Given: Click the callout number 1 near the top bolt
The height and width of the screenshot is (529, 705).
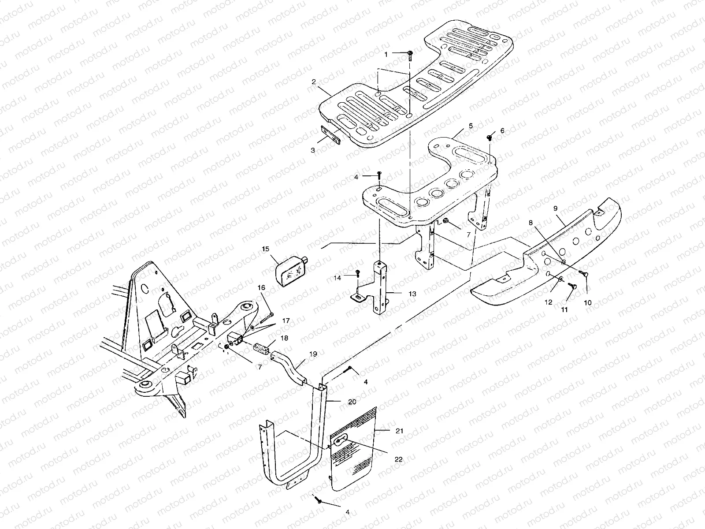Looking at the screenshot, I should (386, 54).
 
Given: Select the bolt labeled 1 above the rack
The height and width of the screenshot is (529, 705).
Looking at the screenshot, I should (410, 54).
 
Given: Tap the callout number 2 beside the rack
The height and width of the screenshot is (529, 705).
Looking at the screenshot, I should (326, 82).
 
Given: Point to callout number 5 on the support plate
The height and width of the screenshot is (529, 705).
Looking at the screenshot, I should (471, 126).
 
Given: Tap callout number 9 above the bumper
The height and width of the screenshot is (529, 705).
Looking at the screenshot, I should (555, 208).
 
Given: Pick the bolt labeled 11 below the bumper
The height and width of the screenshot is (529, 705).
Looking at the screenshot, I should (573, 287).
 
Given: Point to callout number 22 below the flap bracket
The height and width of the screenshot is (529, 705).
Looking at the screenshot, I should (398, 459).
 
